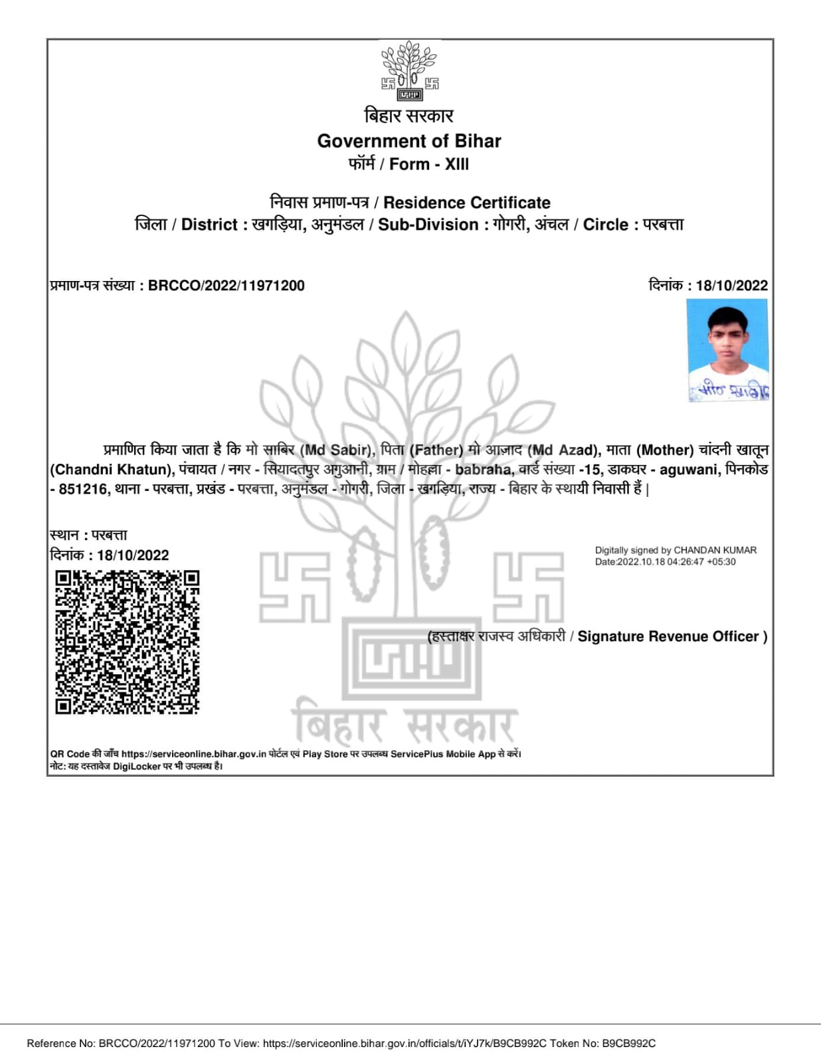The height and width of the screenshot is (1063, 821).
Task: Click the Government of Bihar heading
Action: (409, 141)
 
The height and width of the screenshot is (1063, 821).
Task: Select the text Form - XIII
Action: (429, 164)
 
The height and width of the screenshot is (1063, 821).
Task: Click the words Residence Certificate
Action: (467, 203)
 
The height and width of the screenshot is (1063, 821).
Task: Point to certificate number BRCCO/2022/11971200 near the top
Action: (226, 286)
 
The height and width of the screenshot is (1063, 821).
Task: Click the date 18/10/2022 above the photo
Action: (731, 286)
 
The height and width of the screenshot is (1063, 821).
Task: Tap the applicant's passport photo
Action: (727, 350)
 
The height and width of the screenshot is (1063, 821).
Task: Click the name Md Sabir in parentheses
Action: (335, 450)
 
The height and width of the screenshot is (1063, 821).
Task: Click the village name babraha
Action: (484, 470)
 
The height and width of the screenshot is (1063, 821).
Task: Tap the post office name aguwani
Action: (689, 470)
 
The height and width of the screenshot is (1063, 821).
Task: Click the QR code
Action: (127, 642)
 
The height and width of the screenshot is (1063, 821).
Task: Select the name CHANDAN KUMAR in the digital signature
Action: (715, 550)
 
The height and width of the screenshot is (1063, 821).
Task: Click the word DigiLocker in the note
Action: (137, 767)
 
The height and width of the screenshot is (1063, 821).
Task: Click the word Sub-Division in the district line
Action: (428, 225)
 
